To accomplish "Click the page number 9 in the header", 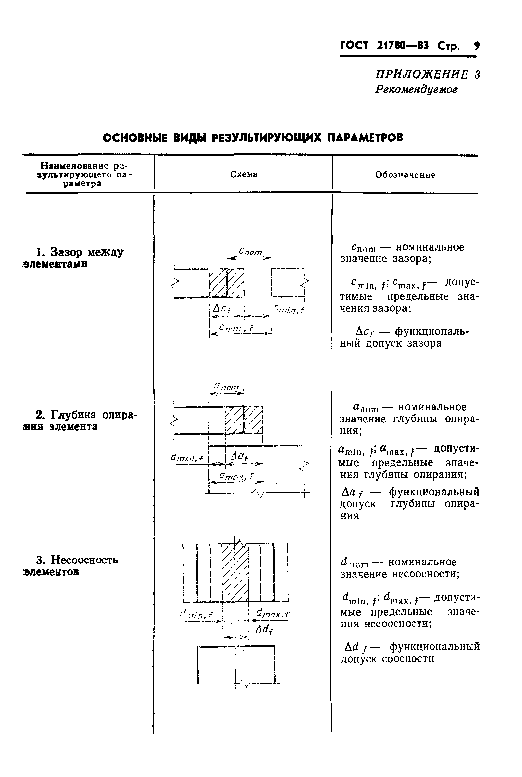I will click(x=477, y=46).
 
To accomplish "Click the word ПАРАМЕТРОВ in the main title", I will click(x=365, y=137).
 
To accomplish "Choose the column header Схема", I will click(x=244, y=174).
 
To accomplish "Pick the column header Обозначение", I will click(x=405, y=175).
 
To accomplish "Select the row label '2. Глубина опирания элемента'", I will click(x=80, y=420).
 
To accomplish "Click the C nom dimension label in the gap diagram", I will click(x=251, y=252).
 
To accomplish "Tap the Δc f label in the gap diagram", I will click(x=222, y=309).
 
